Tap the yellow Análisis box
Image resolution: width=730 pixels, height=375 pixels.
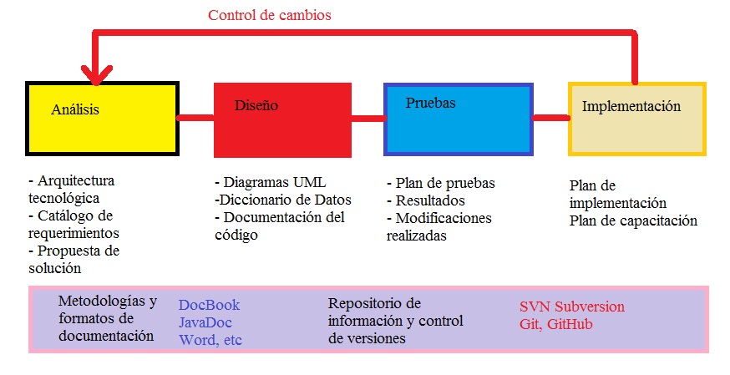tap(102, 118)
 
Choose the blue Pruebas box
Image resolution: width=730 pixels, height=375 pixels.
tap(458, 119)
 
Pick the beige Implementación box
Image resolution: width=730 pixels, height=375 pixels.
tap(637, 118)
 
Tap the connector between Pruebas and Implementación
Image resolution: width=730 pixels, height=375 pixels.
tap(550, 117)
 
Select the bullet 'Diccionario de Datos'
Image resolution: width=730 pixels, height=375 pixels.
tap(282, 200)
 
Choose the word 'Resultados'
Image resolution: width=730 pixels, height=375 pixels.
tap(430, 200)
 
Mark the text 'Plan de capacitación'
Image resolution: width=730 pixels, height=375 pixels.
tap(633, 221)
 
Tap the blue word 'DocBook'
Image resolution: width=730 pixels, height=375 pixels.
tap(209, 305)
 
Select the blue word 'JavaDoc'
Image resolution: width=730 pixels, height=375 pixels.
tap(205, 322)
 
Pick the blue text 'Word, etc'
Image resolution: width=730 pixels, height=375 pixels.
tap(210, 340)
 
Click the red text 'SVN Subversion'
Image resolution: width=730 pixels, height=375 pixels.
tap(571, 307)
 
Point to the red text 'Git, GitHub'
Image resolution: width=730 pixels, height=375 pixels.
tap(556, 324)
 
